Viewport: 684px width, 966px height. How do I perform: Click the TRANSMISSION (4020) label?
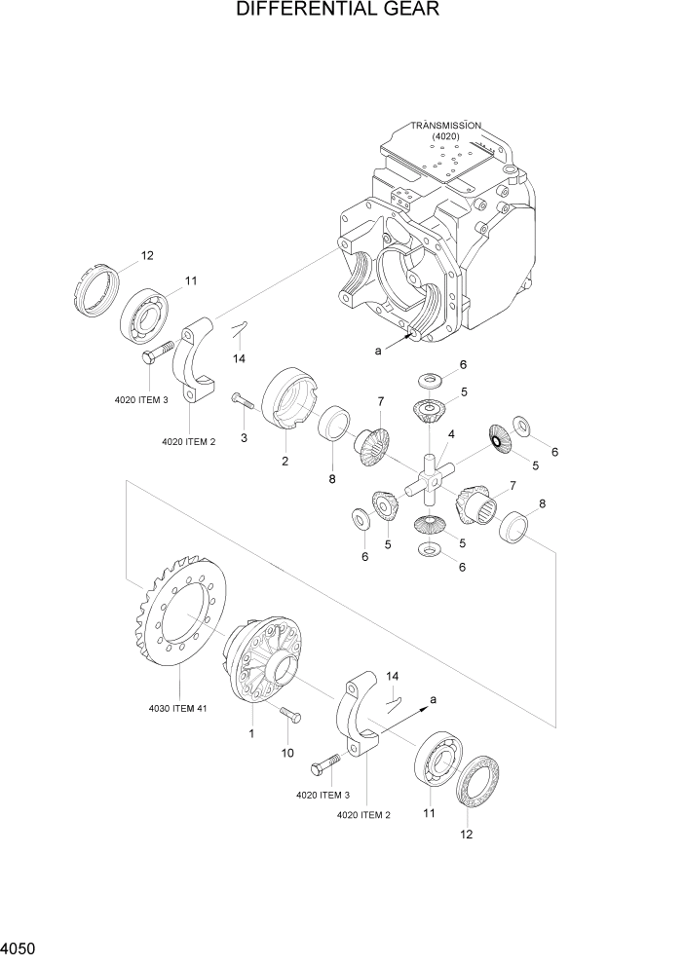click(445, 130)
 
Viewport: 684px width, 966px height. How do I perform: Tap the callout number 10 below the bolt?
click(287, 753)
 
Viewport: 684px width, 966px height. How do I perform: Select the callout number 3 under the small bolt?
click(244, 438)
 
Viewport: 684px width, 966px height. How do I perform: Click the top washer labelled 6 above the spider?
click(431, 378)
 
